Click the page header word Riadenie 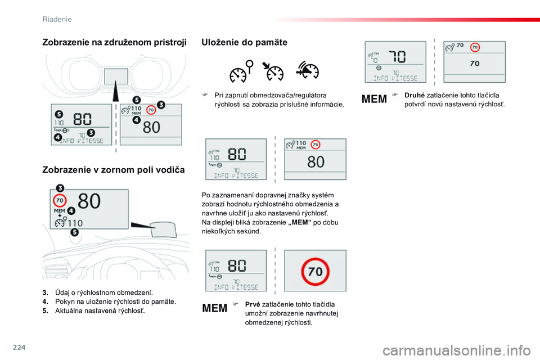pyautogui.click(x=57, y=19)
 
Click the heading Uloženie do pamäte pyautogui.click(x=244, y=42)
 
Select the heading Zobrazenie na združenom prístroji pyautogui.click(x=114, y=42)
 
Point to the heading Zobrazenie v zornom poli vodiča pyautogui.click(x=114, y=169)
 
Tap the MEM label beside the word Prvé pyautogui.click(x=215, y=308)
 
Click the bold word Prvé pyautogui.click(x=253, y=304)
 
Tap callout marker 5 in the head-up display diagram pyautogui.click(x=75, y=232)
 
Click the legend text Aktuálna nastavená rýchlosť pyautogui.click(x=100, y=310)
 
